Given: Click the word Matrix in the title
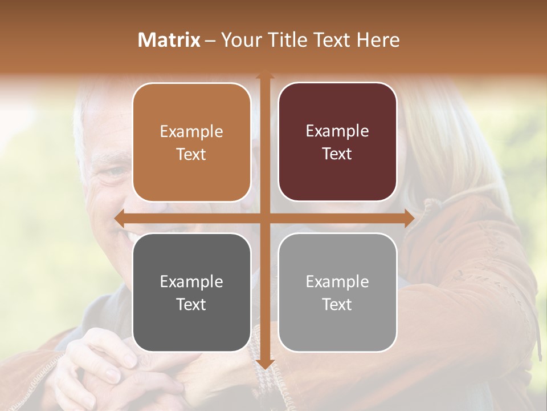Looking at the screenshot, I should (169, 40).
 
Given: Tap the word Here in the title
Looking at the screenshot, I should (378, 40).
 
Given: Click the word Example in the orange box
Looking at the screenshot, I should (191, 132).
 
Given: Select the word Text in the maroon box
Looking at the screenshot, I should (337, 154).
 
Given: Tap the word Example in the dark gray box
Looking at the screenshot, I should (191, 282).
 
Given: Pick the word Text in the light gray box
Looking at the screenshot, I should (337, 305).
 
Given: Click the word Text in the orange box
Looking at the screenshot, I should (191, 154).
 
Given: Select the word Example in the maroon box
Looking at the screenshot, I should (337, 131).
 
